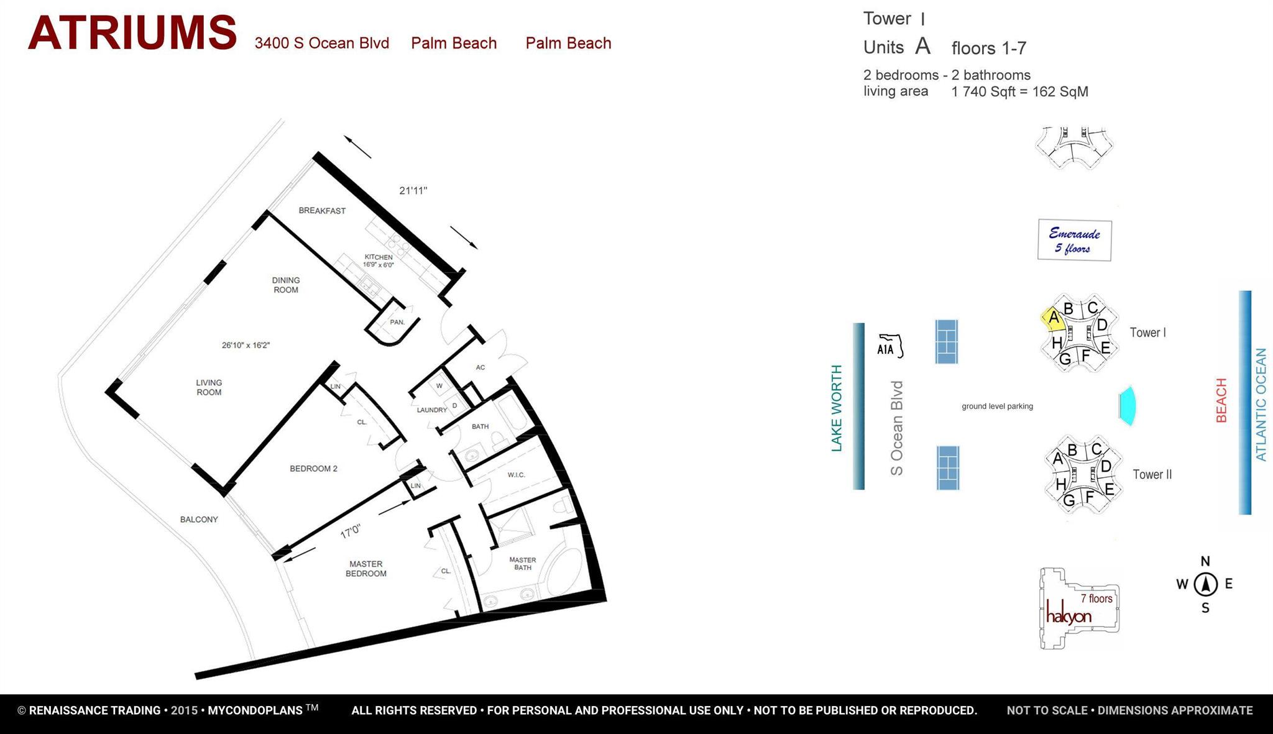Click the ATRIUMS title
[x=132, y=34]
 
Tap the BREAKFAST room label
[x=322, y=211]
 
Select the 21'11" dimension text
[x=413, y=191]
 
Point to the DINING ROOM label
[x=286, y=285]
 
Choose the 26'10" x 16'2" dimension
[x=246, y=345]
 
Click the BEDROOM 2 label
[x=313, y=469]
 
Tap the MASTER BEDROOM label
[x=366, y=569]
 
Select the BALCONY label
[x=199, y=520]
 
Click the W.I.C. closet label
[x=517, y=475]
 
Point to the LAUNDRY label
[x=432, y=410]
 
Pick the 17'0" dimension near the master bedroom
[x=351, y=531]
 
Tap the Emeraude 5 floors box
[x=1074, y=241]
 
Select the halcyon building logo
[x=1068, y=615]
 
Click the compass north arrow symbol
[x=1205, y=584]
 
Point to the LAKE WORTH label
[x=837, y=408]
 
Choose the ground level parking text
[x=997, y=406]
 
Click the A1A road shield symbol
[x=889, y=347]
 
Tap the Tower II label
[x=1152, y=475]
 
